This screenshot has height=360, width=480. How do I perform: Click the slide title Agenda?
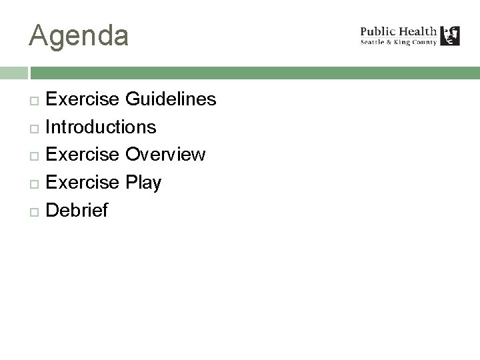(x=79, y=35)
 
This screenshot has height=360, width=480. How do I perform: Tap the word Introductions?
(x=101, y=127)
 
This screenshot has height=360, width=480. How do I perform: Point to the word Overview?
(x=165, y=155)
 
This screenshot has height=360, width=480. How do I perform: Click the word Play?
(x=143, y=183)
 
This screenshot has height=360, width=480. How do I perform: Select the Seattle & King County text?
(x=399, y=42)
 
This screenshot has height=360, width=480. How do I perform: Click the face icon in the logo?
(x=451, y=35)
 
